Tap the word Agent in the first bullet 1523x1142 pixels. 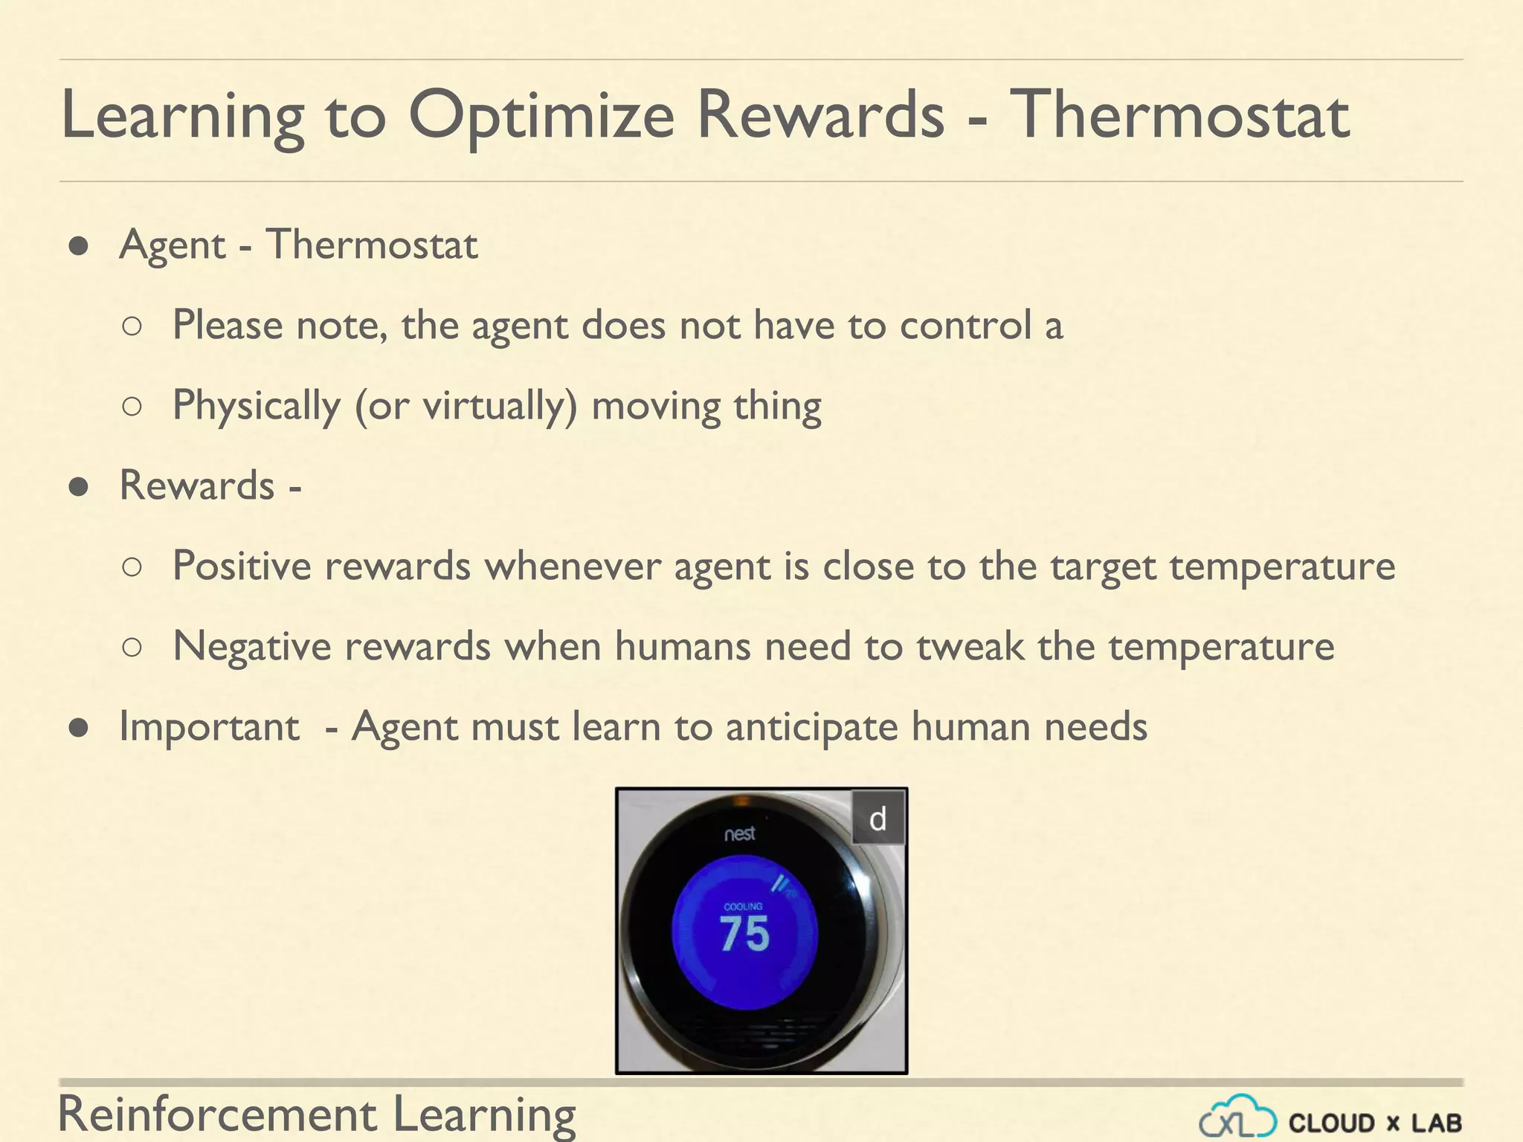pos(172,245)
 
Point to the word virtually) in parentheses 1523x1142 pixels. pos(500,406)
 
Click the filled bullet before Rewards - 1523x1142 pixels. pos(79,487)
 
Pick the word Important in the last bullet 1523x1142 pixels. pos(209,726)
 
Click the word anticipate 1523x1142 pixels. pos(811,726)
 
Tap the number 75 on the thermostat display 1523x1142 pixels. pos(744,934)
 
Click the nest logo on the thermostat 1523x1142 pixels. pos(740,833)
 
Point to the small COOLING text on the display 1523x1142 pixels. pos(743,906)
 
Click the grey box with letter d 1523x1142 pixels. pos(878,819)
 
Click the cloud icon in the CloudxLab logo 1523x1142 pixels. pos(1238,1117)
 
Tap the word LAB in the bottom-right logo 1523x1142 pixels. pos(1437,1123)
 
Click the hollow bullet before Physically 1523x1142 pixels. pos(132,406)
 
